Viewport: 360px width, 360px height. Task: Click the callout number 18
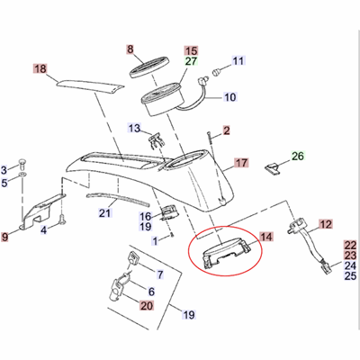pyautogui.click(x=39, y=68)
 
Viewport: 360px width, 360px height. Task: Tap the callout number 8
pyautogui.click(x=130, y=50)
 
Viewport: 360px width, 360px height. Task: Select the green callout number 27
pyautogui.click(x=190, y=63)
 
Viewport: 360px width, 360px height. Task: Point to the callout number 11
pyautogui.click(x=238, y=61)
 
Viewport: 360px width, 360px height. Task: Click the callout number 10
pyautogui.click(x=229, y=97)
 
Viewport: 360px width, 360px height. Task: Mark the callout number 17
pyautogui.click(x=240, y=164)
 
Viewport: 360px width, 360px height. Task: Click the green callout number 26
pyautogui.click(x=300, y=156)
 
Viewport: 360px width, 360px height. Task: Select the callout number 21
pyautogui.click(x=104, y=212)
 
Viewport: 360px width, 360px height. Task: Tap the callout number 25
pyautogui.click(x=350, y=276)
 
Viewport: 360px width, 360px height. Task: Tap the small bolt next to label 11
pyautogui.click(x=218, y=69)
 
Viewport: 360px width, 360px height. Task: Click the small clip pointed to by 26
pyautogui.click(x=273, y=167)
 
